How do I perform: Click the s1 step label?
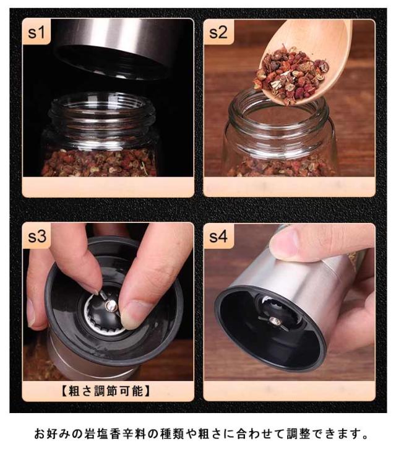[x=37, y=32]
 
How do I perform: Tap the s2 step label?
[x=218, y=32]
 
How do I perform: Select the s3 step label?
[x=37, y=236]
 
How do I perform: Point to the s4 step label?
[x=218, y=237]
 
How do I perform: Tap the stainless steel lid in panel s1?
[x=114, y=47]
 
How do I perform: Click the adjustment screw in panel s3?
[x=110, y=305]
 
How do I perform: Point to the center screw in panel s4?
[x=275, y=321]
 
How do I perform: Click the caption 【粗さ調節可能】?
[x=106, y=391]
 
